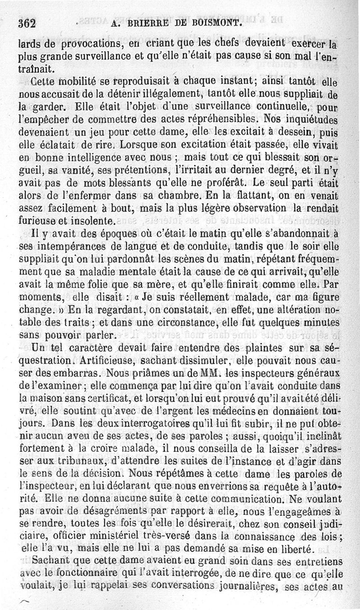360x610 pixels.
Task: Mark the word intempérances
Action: (x=61, y=247)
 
